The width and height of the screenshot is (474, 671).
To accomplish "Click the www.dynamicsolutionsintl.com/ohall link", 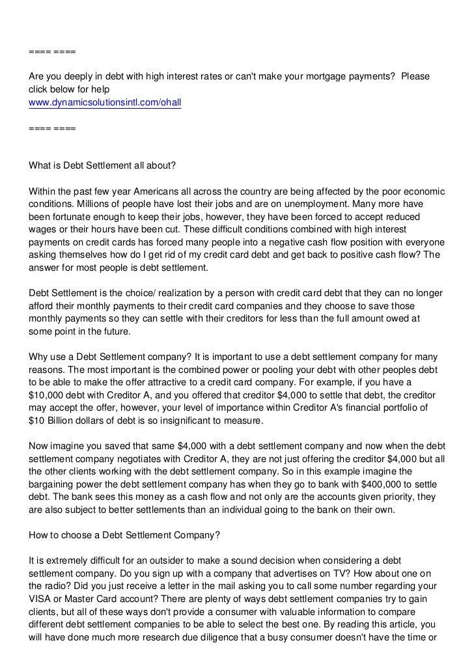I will (104, 103).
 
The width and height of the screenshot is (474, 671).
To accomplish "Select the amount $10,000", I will (49, 395).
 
